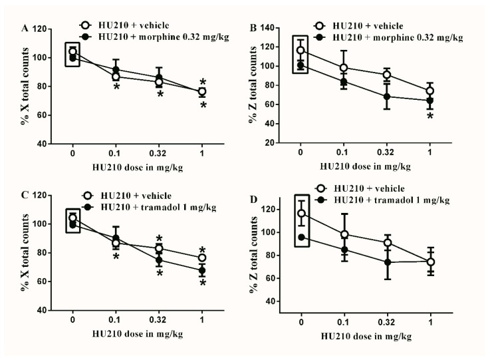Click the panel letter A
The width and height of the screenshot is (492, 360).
tap(26, 29)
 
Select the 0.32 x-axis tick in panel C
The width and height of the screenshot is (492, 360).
tap(160, 321)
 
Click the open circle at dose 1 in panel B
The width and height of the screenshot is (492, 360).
tap(430, 90)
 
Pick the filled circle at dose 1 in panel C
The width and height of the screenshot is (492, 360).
tap(203, 270)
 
